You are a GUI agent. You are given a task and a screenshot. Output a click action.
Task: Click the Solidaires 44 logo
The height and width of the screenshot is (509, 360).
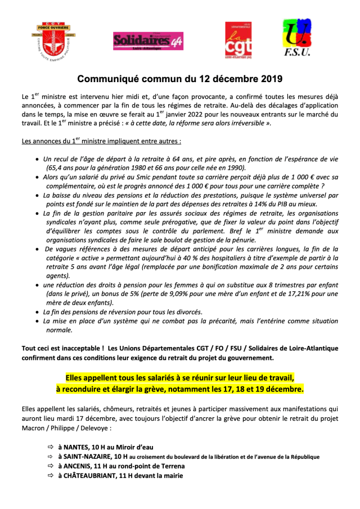click(x=147, y=40)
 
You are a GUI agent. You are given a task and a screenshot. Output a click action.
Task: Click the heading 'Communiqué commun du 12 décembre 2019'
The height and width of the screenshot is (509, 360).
click(x=180, y=79)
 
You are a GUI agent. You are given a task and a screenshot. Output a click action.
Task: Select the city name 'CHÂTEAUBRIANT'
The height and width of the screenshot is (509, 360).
click(x=89, y=476)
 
